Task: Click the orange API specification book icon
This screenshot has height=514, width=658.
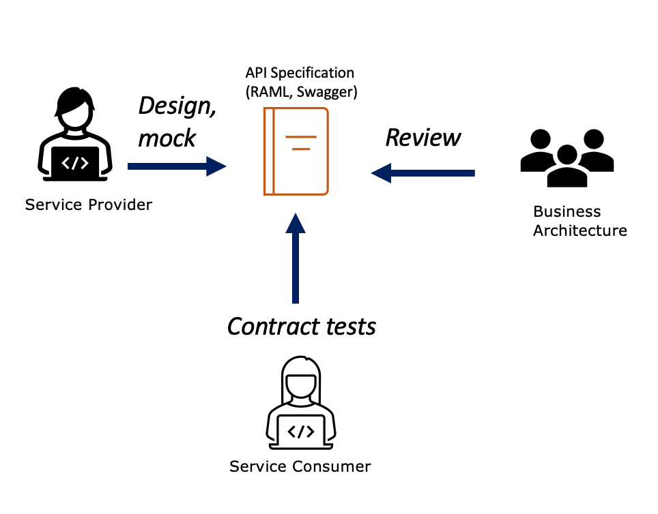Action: [296, 151]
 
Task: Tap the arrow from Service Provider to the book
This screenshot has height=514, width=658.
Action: [177, 166]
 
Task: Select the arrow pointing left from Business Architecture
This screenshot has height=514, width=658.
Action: [423, 172]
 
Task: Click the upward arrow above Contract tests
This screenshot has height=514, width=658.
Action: [295, 258]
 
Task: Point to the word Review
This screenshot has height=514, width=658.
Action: [423, 138]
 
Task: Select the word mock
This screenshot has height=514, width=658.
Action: [167, 138]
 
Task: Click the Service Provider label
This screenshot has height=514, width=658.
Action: [89, 205]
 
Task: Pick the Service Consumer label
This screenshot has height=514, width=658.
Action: [300, 467]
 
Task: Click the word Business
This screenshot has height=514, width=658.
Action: [567, 212]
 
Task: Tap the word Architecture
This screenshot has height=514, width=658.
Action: [580, 230]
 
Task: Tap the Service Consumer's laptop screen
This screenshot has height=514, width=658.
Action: [301, 431]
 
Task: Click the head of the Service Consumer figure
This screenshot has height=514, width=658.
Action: [301, 381]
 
